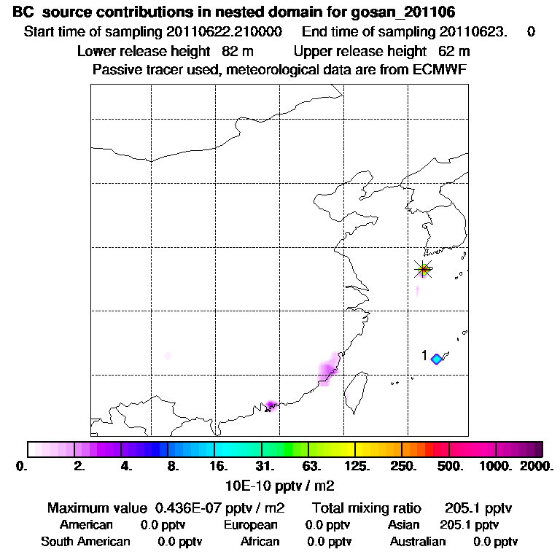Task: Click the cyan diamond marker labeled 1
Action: click(437, 359)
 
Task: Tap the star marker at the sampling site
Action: click(423, 269)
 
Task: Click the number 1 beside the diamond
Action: click(424, 355)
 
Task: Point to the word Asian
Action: click(405, 524)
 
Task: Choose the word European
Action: click(250, 524)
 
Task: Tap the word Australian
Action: click(417, 541)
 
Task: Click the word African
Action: click(260, 541)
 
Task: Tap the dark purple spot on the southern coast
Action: click(271, 405)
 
